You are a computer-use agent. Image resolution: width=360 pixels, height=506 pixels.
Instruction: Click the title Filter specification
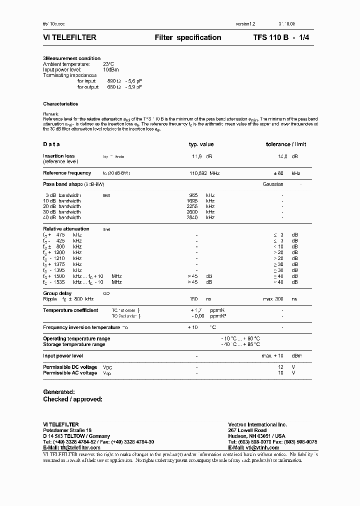[x=187, y=37]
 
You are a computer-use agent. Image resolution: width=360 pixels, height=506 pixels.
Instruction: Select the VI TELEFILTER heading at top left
[x=69, y=37]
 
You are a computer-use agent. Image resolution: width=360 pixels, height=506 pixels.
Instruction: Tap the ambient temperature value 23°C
[x=108, y=64]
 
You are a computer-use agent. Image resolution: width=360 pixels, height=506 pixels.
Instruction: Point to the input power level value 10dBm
[x=111, y=69]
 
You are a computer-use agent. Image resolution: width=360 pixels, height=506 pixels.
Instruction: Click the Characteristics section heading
[x=60, y=104]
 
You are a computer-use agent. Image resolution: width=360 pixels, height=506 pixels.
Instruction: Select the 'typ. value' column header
[x=201, y=144]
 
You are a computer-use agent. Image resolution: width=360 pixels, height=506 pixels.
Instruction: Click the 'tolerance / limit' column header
[x=286, y=144]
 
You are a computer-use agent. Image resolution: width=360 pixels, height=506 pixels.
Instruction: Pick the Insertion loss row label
[x=58, y=156]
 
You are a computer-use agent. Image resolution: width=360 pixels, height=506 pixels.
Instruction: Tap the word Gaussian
[x=272, y=184]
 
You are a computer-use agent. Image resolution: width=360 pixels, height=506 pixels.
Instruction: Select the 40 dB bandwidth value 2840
[x=192, y=217]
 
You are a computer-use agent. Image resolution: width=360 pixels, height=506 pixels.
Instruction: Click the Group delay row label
[x=57, y=293]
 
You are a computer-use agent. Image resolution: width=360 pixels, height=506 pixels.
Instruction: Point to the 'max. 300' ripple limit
[x=273, y=299]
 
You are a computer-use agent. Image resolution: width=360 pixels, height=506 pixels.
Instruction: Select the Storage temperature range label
[x=74, y=344]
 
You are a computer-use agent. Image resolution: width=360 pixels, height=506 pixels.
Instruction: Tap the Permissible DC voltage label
[x=70, y=367]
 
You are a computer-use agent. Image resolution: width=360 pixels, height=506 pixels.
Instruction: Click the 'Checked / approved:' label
[x=72, y=399]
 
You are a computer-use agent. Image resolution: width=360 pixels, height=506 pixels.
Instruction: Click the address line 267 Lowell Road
[x=247, y=430]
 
